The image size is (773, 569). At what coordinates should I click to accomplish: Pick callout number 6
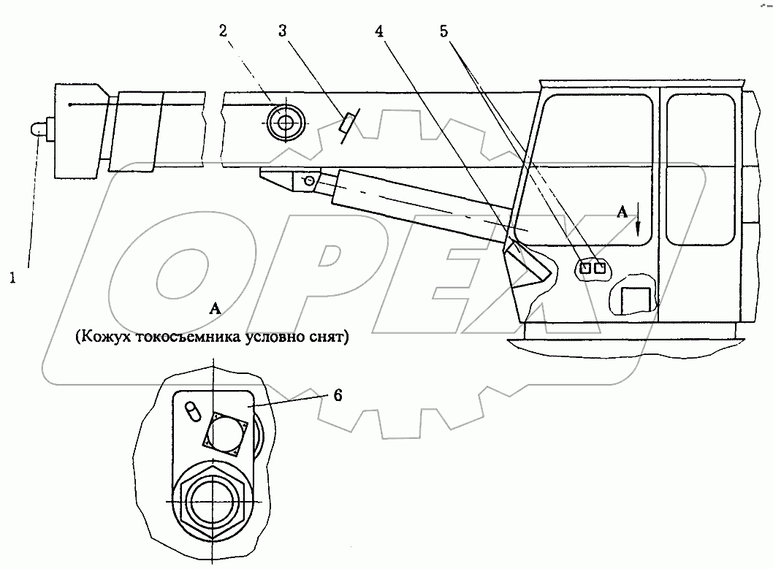tap(337, 395)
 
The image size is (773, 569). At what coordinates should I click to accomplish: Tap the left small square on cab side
tap(585, 269)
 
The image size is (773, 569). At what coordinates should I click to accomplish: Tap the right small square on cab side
tap(601, 269)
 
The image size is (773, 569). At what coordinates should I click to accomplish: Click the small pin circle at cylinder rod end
tap(310, 180)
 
